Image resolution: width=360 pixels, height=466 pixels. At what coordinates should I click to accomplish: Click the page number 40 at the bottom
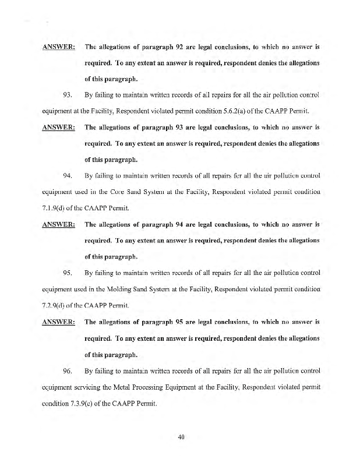pyautogui.click(x=181, y=439)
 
